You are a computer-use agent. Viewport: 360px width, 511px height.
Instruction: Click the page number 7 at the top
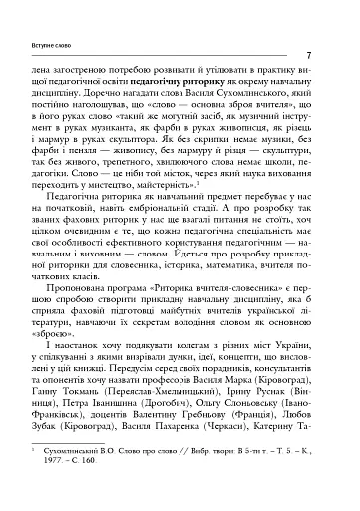pos(312,57)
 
